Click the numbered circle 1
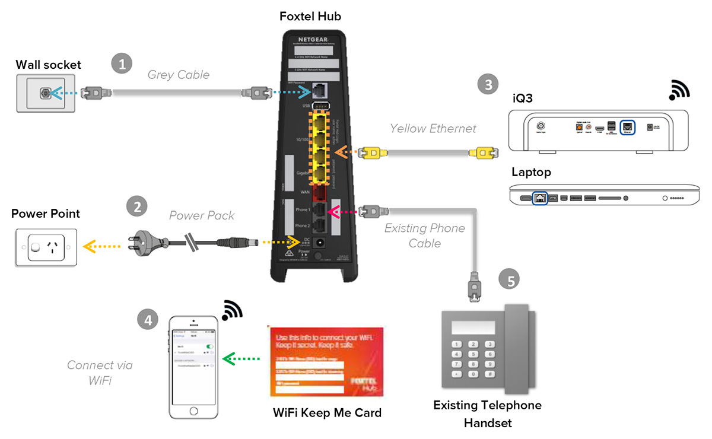coord(122,64)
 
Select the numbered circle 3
coord(488,84)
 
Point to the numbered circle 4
coord(148,319)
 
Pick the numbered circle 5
coord(510,279)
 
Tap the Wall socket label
coord(48,64)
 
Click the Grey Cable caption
coord(179,75)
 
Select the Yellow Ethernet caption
coord(433,128)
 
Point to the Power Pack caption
coord(202,215)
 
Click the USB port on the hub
coord(321,106)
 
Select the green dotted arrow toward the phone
coord(241,358)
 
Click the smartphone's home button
coord(193,411)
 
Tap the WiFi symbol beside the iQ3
coord(679,90)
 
